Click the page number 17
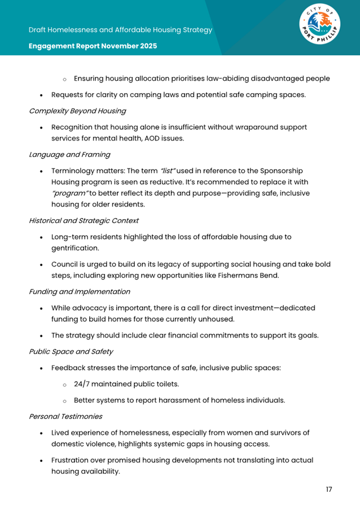[329, 489]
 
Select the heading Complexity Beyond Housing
[77, 111]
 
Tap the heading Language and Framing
[69, 154]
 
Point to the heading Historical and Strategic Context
[84, 220]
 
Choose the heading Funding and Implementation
[79, 291]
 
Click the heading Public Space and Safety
[71, 351]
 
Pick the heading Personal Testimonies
[65, 416]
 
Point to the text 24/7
[84, 384]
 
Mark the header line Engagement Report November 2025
[93, 46]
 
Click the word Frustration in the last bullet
[73, 460]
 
